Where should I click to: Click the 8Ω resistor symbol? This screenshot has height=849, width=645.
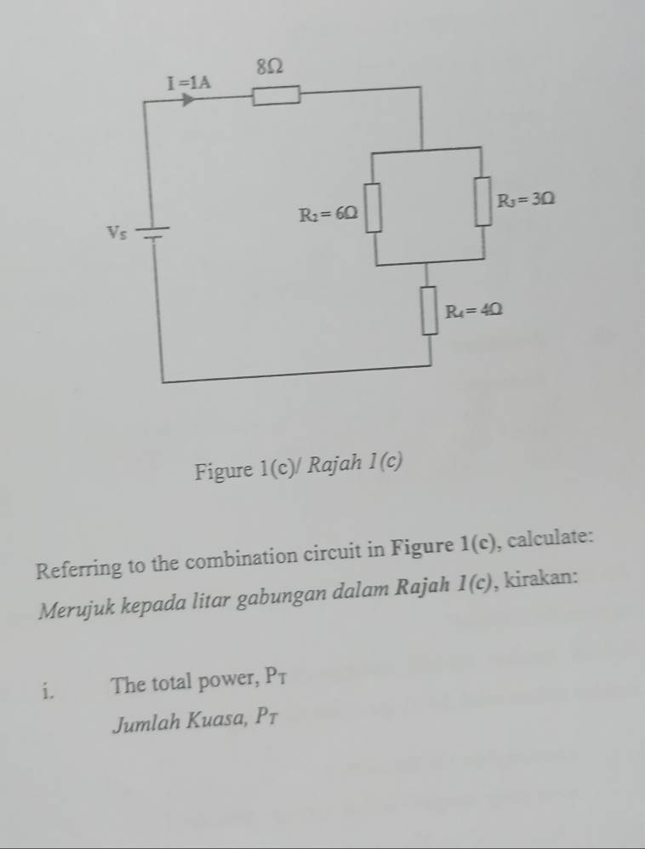[x=276, y=95]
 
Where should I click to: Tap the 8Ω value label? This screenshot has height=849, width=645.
[x=269, y=66]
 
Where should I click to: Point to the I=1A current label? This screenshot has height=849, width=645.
[x=189, y=83]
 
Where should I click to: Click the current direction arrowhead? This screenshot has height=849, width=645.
[x=188, y=100]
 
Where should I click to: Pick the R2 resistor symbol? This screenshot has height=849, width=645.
[x=373, y=208]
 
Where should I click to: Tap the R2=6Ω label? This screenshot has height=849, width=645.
[x=328, y=215]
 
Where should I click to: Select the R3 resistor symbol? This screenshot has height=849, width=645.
[x=483, y=200]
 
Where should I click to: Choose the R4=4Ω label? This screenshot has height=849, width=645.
[x=474, y=311]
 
